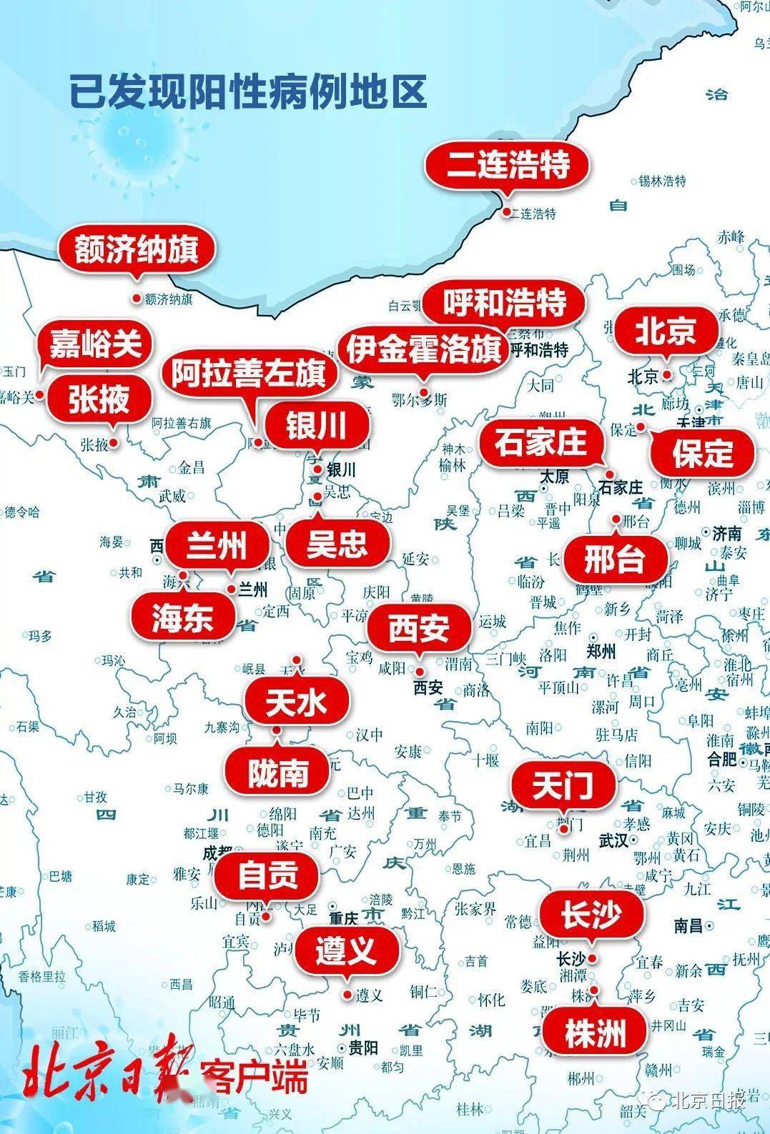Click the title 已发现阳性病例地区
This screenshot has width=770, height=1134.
248,92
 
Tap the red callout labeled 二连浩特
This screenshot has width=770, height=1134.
508,166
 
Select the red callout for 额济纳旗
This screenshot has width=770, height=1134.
136,249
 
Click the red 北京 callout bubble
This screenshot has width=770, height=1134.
666,331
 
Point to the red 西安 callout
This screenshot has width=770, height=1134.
419,629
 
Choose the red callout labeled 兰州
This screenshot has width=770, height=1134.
217,547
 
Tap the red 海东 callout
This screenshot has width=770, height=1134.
182,617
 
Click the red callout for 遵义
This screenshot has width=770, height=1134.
346,950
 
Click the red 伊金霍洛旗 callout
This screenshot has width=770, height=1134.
424,350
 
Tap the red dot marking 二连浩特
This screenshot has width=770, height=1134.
506,212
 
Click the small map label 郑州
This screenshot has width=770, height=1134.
601,651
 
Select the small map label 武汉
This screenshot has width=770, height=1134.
613,840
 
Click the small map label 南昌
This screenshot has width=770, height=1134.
688,926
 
